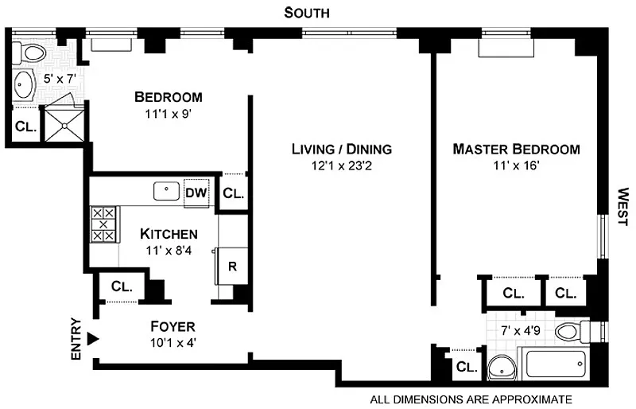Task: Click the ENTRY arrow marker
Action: [x=93, y=339]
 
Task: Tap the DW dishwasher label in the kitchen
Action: [x=196, y=193]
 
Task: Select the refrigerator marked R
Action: [x=231, y=266]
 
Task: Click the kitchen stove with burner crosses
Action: [x=103, y=224]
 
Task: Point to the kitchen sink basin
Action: [x=166, y=191]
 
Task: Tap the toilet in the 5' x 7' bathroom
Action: [x=29, y=53]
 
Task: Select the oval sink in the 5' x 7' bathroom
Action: [x=23, y=84]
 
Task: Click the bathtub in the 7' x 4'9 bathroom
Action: [x=556, y=363]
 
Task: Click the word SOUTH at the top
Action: [x=307, y=13]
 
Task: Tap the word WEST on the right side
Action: [x=622, y=207]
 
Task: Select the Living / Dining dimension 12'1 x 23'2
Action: [x=342, y=166]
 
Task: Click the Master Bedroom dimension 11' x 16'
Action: [x=516, y=166]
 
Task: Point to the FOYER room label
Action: [x=173, y=326]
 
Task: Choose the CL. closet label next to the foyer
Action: [x=122, y=286]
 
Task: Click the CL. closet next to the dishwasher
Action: [x=233, y=193]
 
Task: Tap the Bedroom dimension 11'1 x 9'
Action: [x=168, y=114]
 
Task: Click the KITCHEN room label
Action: [x=169, y=234]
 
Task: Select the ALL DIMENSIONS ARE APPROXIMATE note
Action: [x=471, y=399]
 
